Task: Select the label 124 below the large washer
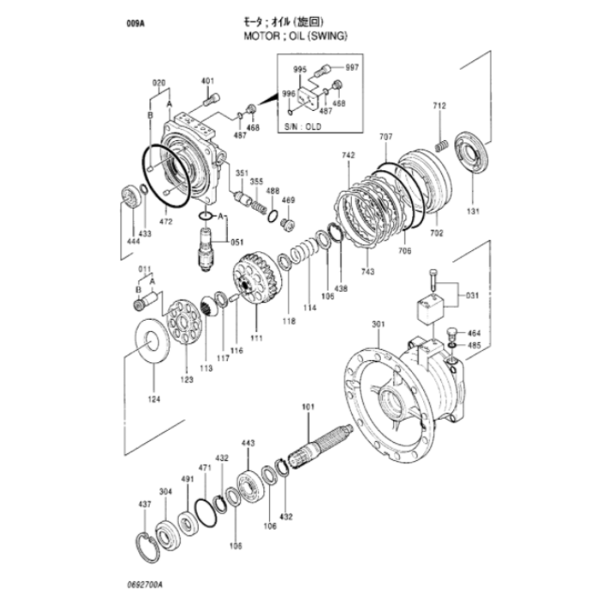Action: click(x=153, y=398)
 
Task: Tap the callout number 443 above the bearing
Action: click(x=248, y=443)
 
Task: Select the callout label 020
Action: click(x=157, y=83)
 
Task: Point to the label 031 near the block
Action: click(x=472, y=298)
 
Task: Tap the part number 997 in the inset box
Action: click(x=352, y=66)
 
